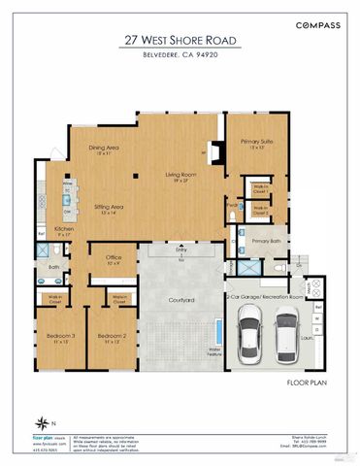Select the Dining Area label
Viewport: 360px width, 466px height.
[104, 150]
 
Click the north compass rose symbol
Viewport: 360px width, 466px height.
[43, 421]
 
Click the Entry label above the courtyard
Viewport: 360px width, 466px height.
[180, 250]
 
